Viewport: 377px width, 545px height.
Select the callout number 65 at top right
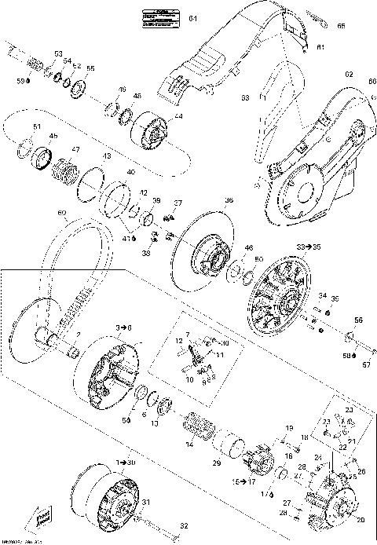click(342, 26)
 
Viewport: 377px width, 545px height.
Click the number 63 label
click(245, 98)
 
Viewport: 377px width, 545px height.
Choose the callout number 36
click(230, 199)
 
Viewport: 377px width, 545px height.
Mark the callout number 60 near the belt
click(62, 212)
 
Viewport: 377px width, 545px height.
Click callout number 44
click(179, 116)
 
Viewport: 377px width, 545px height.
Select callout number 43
click(107, 156)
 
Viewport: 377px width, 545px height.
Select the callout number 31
click(145, 503)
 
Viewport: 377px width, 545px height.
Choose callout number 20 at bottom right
click(361, 520)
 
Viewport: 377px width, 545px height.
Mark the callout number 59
click(22, 80)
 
